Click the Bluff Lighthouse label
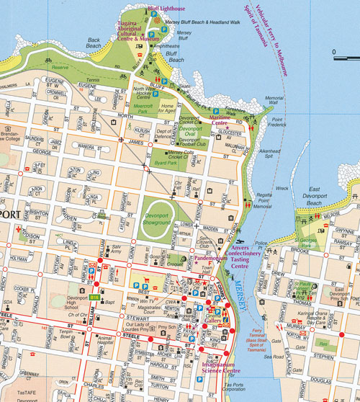pyautogui.click(x=166, y=9)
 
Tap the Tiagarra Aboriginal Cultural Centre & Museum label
pyautogui.click(x=138, y=32)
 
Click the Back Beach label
pyautogui.click(x=94, y=43)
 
